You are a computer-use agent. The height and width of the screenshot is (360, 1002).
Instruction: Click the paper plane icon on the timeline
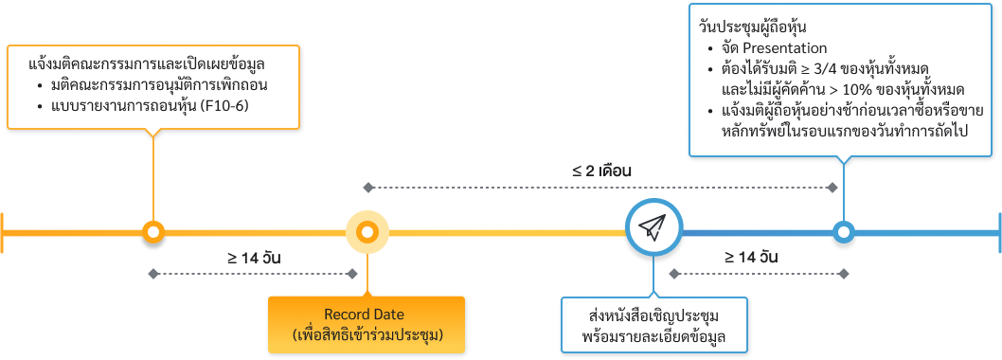click(653, 228)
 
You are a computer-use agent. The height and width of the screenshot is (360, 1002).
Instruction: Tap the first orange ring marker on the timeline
click(153, 230)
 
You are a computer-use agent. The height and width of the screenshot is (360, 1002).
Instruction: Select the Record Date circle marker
click(367, 230)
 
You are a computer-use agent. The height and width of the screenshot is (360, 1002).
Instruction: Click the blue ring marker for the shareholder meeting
click(843, 230)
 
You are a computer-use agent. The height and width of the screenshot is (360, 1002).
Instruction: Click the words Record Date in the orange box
click(365, 315)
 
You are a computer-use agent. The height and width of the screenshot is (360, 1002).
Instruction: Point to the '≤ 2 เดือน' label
click(601, 172)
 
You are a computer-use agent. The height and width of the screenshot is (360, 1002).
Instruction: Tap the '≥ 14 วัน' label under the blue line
click(751, 258)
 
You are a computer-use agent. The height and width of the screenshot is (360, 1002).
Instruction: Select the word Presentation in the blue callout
click(785, 48)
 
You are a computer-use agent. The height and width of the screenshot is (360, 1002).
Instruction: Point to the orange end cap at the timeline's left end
click(3, 230)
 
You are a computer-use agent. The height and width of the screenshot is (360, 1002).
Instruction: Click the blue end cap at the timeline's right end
click(998, 230)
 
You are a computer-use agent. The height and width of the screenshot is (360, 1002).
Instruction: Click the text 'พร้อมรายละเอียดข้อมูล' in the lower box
click(653, 336)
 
